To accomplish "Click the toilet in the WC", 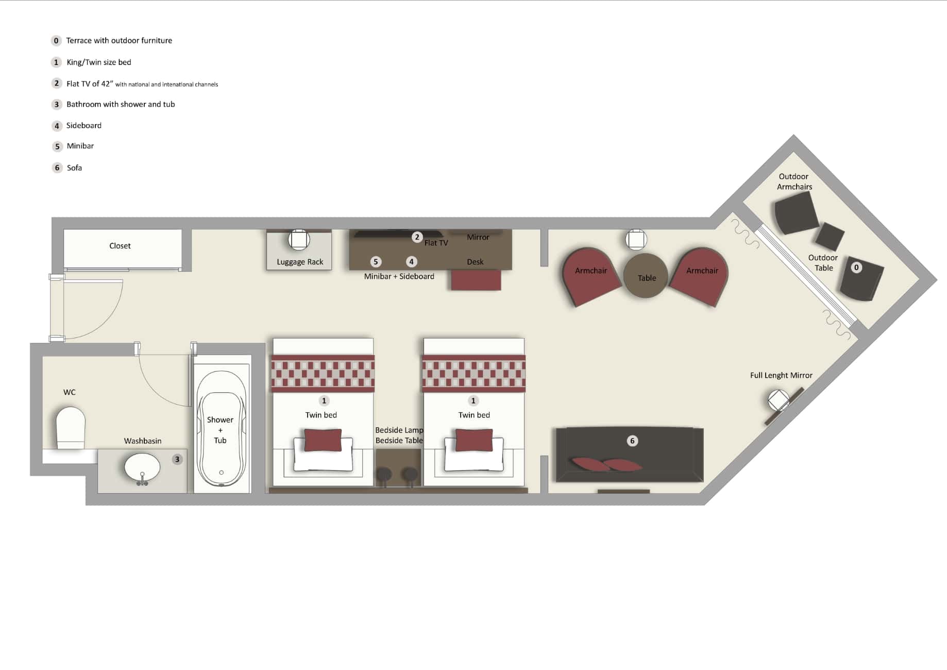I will click(x=71, y=427).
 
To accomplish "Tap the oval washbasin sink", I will click(x=142, y=467).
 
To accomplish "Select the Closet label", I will click(x=120, y=246).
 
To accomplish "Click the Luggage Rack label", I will click(x=300, y=262).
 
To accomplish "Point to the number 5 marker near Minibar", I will click(x=376, y=262).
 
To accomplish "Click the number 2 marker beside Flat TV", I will click(x=417, y=237).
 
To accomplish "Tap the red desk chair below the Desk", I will click(x=476, y=280).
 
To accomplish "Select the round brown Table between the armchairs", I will click(x=646, y=276).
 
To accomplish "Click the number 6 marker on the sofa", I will click(x=632, y=441).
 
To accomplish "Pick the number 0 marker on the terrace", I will click(x=856, y=267).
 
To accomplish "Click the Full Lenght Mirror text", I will click(x=781, y=375).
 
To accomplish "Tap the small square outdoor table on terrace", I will click(x=830, y=237).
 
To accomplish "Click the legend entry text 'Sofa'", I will click(x=74, y=167).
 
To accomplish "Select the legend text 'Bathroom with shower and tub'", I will click(x=121, y=104).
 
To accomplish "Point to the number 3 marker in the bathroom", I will click(x=177, y=459).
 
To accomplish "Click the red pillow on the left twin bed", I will click(x=323, y=440).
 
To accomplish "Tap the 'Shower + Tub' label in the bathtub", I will click(x=220, y=430).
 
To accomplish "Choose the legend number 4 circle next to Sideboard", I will click(x=57, y=126).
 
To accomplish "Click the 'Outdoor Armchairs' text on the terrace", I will click(x=794, y=181).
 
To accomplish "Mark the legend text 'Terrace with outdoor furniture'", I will click(x=119, y=40).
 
